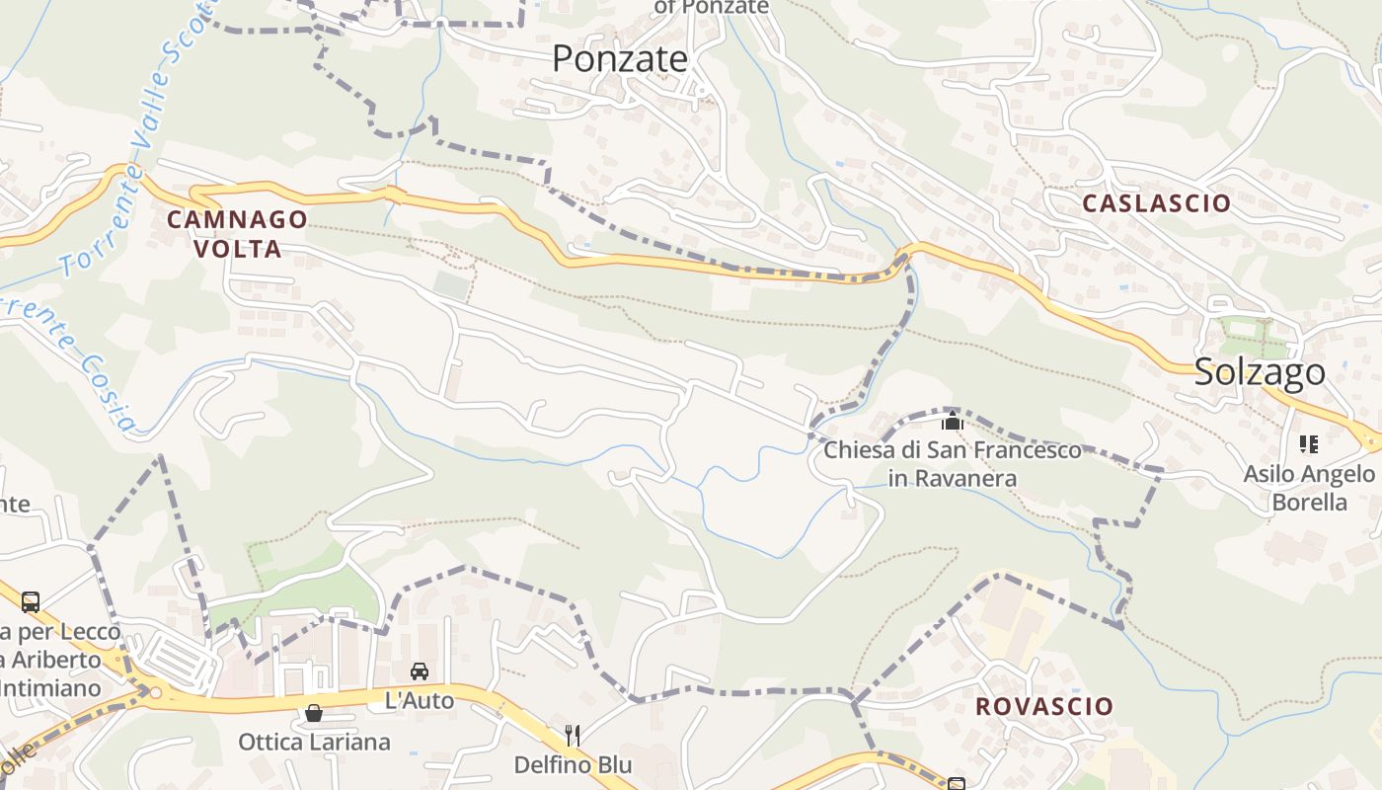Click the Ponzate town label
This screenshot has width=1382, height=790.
click(x=619, y=59)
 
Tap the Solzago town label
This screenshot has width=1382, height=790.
click(x=1260, y=372)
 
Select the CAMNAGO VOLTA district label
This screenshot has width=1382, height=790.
click(x=237, y=234)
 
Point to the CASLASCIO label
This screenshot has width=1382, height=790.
click(x=1157, y=203)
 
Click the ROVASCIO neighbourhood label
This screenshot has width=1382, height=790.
click(x=1044, y=707)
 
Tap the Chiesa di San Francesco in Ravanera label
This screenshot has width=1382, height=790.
click(x=953, y=464)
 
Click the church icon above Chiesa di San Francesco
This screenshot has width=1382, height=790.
click(x=953, y=423)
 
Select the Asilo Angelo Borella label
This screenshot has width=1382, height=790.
click(x=1309, y=488)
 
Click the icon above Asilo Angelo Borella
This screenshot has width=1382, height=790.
click(x=1309, y=444)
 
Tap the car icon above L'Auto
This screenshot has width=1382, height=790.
click(x=420, y=671)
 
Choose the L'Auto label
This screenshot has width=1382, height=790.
click(x=420, y=701)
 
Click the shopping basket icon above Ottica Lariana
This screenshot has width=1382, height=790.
click(x=314, y=713)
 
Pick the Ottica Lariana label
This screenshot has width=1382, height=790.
click(x=314, y=742)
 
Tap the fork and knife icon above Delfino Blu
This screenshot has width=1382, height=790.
click(x=573, y=735)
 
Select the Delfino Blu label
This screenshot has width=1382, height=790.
click(x=573, y=765)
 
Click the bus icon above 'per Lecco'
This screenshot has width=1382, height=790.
click(x=31, y=601)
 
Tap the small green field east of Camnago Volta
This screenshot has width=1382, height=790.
click(x=451, y=285)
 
